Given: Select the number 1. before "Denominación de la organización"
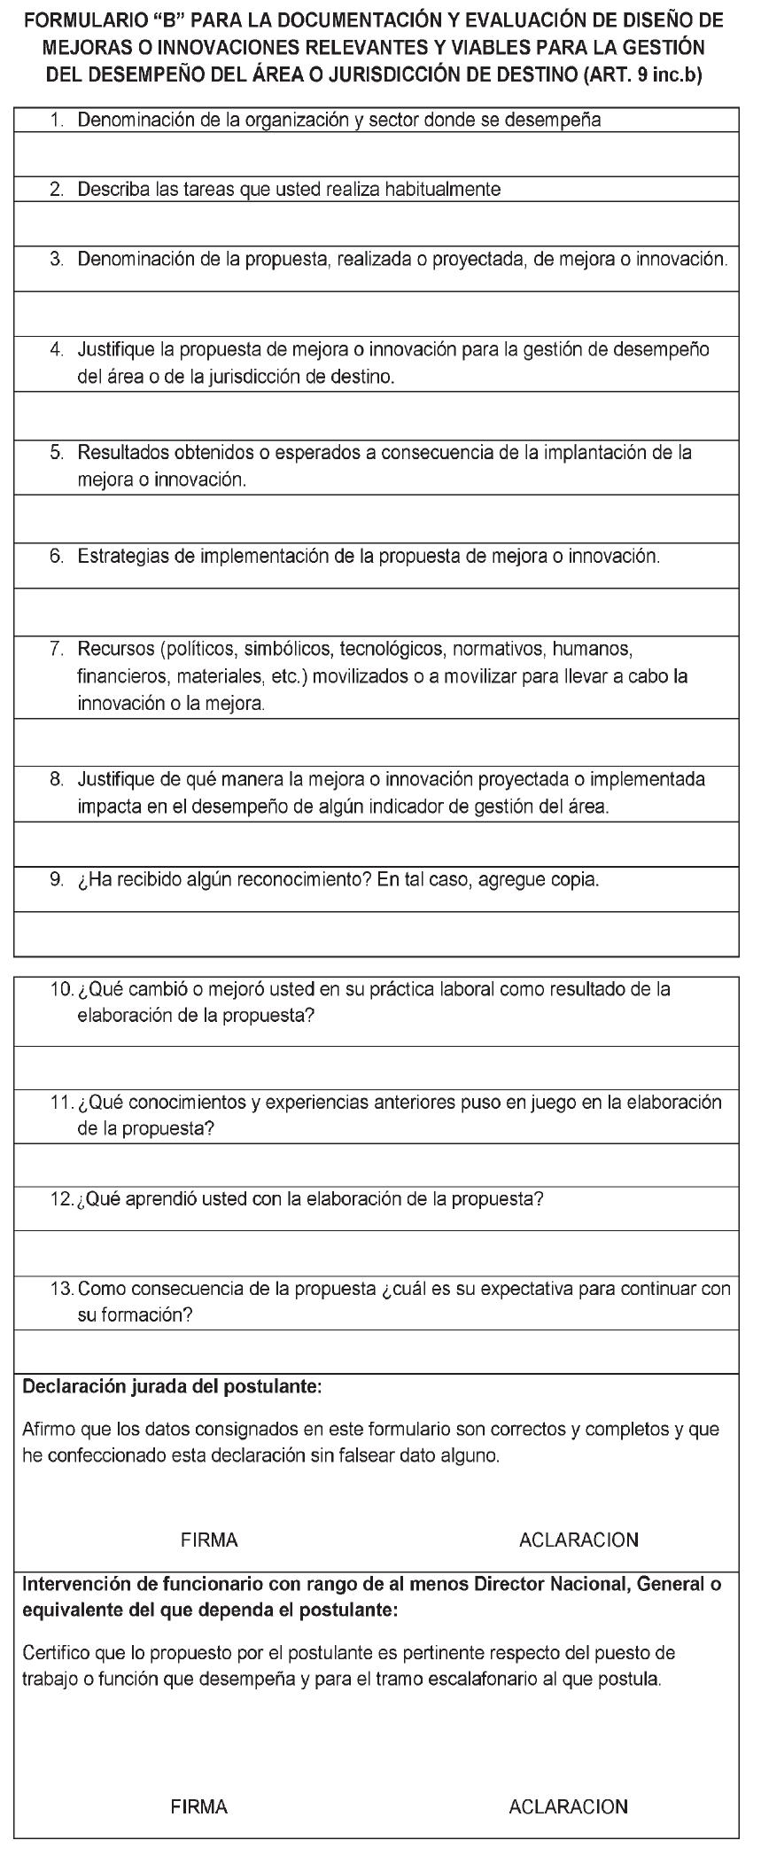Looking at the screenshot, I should click(57, 121).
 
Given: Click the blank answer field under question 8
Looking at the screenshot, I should click(377, 843).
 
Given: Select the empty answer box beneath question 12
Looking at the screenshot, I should click(377, 1252).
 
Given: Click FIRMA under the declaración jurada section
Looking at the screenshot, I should click(209, 1540).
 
